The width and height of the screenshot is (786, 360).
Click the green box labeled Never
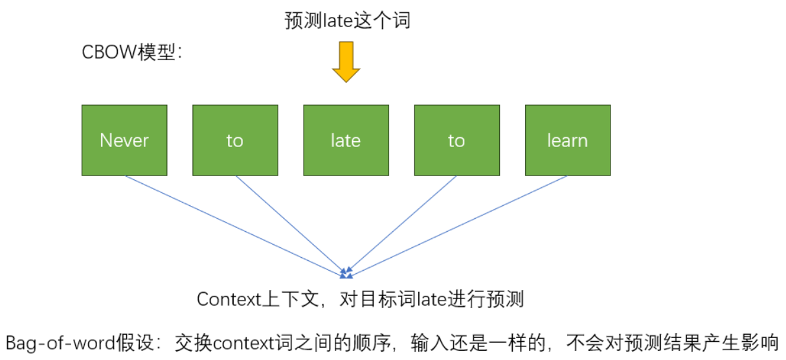pyautogui.click(x=124, y=141)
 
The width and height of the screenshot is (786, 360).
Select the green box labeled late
pyautogui.click(x=346, y=141)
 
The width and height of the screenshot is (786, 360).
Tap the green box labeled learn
pyautogui.click(x=567, y=141)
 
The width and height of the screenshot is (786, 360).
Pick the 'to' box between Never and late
pyautogui.click(x=235, y=141)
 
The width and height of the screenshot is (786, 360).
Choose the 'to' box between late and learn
pyautogui.click(x=456, y=141)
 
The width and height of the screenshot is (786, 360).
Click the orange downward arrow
pyautogui.click(x=346, y=62)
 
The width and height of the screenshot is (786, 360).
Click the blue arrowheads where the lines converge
pyautogui.click(x=346, y=272)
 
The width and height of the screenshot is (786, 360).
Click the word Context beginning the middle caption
pyautogui.click(x=223, y=300)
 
